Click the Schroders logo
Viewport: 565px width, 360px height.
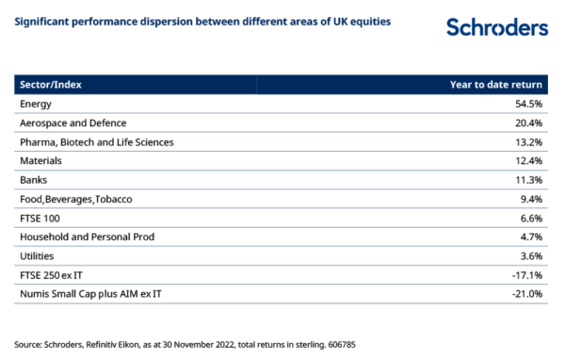coord(497,27)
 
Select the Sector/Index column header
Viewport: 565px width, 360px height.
coord(51,85)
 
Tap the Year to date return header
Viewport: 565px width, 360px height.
coord(496,85)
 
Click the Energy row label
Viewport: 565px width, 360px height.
coord(36,105)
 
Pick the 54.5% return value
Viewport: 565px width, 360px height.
coord(528,104)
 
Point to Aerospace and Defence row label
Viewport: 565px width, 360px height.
coord(73,123)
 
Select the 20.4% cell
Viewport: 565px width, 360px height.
coord(528,123)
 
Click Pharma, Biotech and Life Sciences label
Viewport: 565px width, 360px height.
coord(97,142)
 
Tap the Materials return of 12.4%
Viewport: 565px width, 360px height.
coord(528,161)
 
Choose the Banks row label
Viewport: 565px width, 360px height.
coord(34,180)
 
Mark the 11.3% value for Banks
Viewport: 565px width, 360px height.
coord(528,180)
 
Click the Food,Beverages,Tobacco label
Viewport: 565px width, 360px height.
coord(76,200)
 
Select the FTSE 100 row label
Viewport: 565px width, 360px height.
coord(40,219)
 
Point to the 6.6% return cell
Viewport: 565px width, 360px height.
coord(531,219)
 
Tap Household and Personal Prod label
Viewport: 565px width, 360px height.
coord(88,237)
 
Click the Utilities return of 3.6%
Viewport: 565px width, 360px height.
coord(531,256)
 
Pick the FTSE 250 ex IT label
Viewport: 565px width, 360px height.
coord(51,275)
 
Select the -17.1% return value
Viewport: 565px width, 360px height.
coord(527,275)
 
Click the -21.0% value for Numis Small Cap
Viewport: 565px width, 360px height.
coord(527,294)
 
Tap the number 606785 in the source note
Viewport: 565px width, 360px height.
coord(342,345)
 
